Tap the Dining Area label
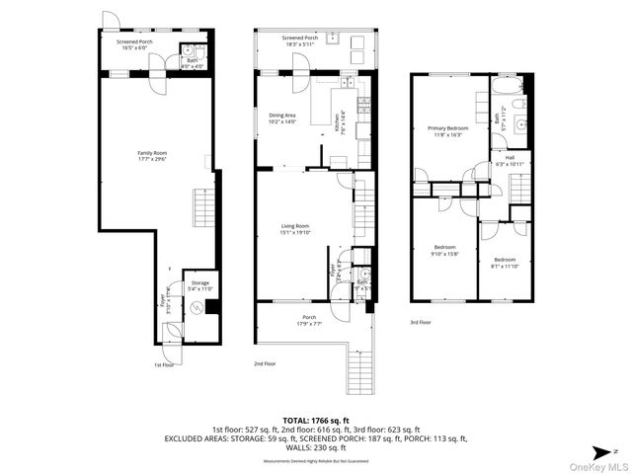[283, 116]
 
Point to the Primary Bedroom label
[446, 127]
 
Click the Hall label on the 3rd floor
[510, 157]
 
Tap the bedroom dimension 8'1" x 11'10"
[505, 266]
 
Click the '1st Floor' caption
[164, 364]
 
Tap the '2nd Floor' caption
[264, 364]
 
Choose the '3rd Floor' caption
[422, 322]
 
